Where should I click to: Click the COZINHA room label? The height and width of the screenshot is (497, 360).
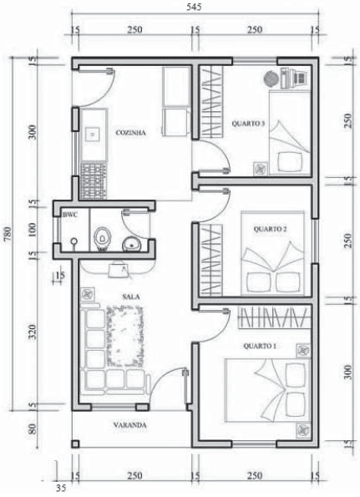(130, 133)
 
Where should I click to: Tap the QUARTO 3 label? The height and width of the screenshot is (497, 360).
(248, 124)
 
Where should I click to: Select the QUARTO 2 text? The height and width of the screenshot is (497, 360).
(270, 229)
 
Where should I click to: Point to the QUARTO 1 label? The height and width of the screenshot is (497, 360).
(260, 346)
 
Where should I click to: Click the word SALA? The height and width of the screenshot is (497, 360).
(131, 297)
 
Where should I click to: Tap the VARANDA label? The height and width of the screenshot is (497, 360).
(130, 425)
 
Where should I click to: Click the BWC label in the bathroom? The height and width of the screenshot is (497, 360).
(70, 215)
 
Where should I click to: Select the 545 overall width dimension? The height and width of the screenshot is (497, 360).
(194, 7)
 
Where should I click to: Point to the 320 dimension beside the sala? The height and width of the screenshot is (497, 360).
(33, 332)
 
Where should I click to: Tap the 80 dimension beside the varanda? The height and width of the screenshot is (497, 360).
(33, 429)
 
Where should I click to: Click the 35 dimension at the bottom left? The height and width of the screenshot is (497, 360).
(61, 488)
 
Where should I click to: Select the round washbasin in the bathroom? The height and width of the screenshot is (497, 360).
(131, 244)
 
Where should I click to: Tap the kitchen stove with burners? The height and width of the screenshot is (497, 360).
(94, 181)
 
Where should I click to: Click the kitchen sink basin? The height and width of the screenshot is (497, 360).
(93, 134)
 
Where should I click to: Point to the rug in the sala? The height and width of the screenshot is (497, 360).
(124, 337)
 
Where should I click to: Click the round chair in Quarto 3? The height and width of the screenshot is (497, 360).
(271, 79)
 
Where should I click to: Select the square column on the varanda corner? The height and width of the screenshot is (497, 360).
(75, 444)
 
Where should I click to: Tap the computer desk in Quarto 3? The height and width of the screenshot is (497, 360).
(294, 78)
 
